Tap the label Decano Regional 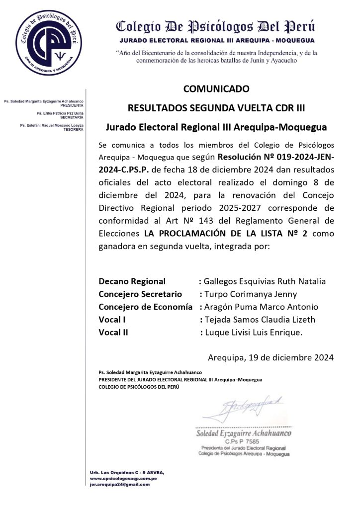pos(132,281)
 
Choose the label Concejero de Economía pos(146,307)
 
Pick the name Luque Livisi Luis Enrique pos(254,333)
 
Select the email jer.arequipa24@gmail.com pos(120,484)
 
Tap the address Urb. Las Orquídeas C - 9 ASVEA pos(127,471)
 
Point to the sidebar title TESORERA pos(74,129)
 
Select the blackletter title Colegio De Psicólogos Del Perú pos(215,27)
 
